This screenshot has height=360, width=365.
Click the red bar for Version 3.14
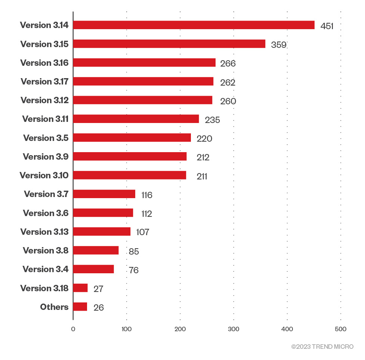194,25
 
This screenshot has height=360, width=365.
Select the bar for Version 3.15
169,44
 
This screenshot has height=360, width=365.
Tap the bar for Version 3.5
132,138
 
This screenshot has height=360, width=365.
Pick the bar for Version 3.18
80,288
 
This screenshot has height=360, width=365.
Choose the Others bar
80,307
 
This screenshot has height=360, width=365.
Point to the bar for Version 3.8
96,250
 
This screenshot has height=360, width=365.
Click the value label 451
327,26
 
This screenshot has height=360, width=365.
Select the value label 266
228,64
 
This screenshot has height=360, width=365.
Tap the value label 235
212,120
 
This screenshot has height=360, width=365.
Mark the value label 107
142,232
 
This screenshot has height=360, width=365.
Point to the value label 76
133,270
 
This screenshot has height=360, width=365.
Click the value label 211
202,176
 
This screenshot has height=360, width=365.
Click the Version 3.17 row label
44,81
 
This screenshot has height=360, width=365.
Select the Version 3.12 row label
44,100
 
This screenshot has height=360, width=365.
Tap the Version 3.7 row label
46,194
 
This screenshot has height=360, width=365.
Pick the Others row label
54,307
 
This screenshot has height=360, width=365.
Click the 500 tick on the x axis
340,329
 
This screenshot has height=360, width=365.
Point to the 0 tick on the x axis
73,329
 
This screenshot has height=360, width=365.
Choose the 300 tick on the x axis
233,329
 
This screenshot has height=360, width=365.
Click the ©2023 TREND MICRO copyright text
322,347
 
